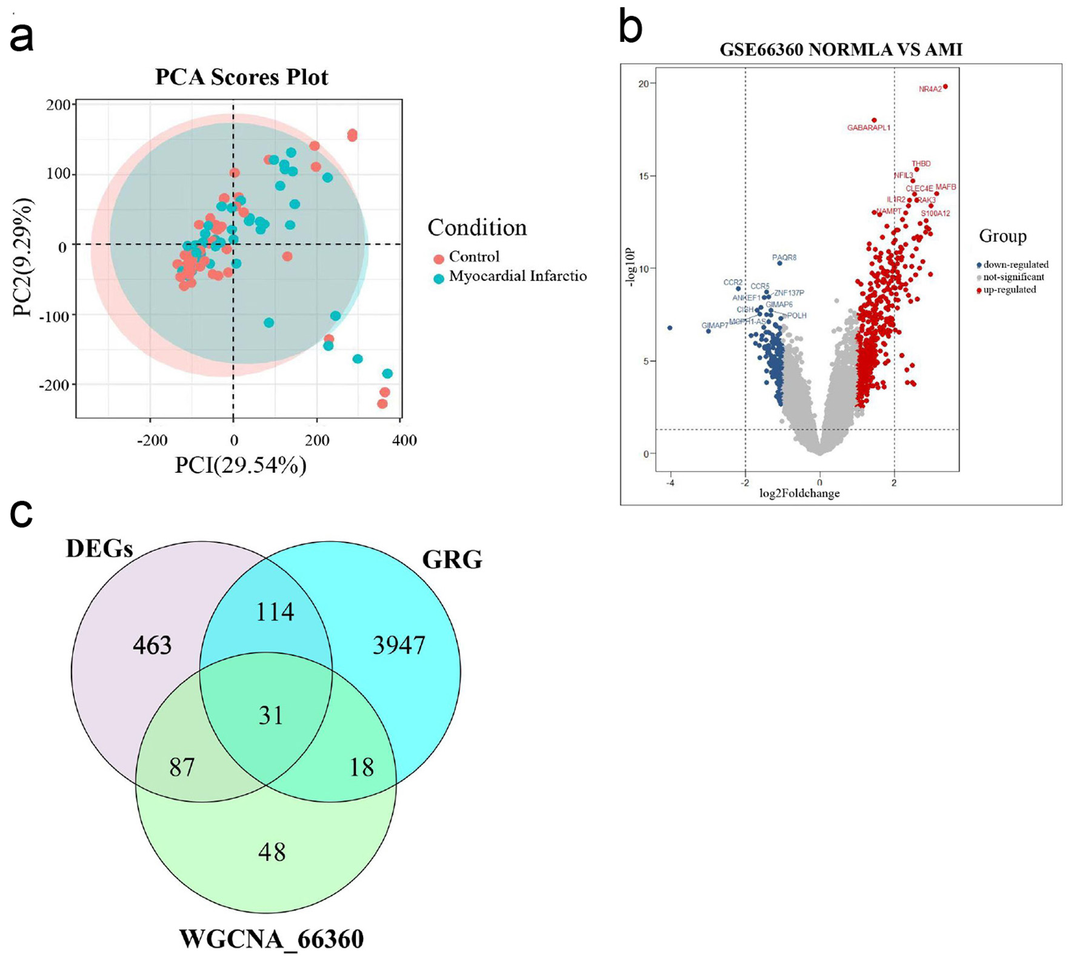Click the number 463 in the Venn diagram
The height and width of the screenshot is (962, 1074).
point(152,646)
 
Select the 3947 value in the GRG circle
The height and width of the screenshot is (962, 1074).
point(399,646)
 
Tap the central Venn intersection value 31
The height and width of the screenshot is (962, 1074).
point(271,716)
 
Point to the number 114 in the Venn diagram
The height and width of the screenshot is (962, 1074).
point(275,612)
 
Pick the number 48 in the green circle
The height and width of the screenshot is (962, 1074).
point(272,852)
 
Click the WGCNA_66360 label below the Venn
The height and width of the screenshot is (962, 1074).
point(272,939)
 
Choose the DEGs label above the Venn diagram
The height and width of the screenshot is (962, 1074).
point(99,549)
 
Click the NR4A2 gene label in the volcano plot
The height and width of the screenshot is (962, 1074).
point(930,89)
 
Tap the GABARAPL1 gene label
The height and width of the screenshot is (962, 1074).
point(869,128)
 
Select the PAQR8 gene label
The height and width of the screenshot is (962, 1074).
point(784,258)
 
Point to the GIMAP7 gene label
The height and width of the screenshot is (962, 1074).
point(715,326)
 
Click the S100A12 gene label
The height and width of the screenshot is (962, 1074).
point(935,213)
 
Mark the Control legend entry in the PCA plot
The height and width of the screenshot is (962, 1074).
point(474,257)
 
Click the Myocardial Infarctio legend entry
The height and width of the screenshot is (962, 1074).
point(517,276)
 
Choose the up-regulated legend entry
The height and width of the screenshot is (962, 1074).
point(1009,290)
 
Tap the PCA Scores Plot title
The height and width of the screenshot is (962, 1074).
point(241,77)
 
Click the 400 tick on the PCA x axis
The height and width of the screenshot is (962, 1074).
point(404,440)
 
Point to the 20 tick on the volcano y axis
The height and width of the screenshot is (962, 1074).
point(643,84)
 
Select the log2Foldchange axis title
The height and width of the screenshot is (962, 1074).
point(799,493)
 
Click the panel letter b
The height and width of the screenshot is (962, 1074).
point(630,27)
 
